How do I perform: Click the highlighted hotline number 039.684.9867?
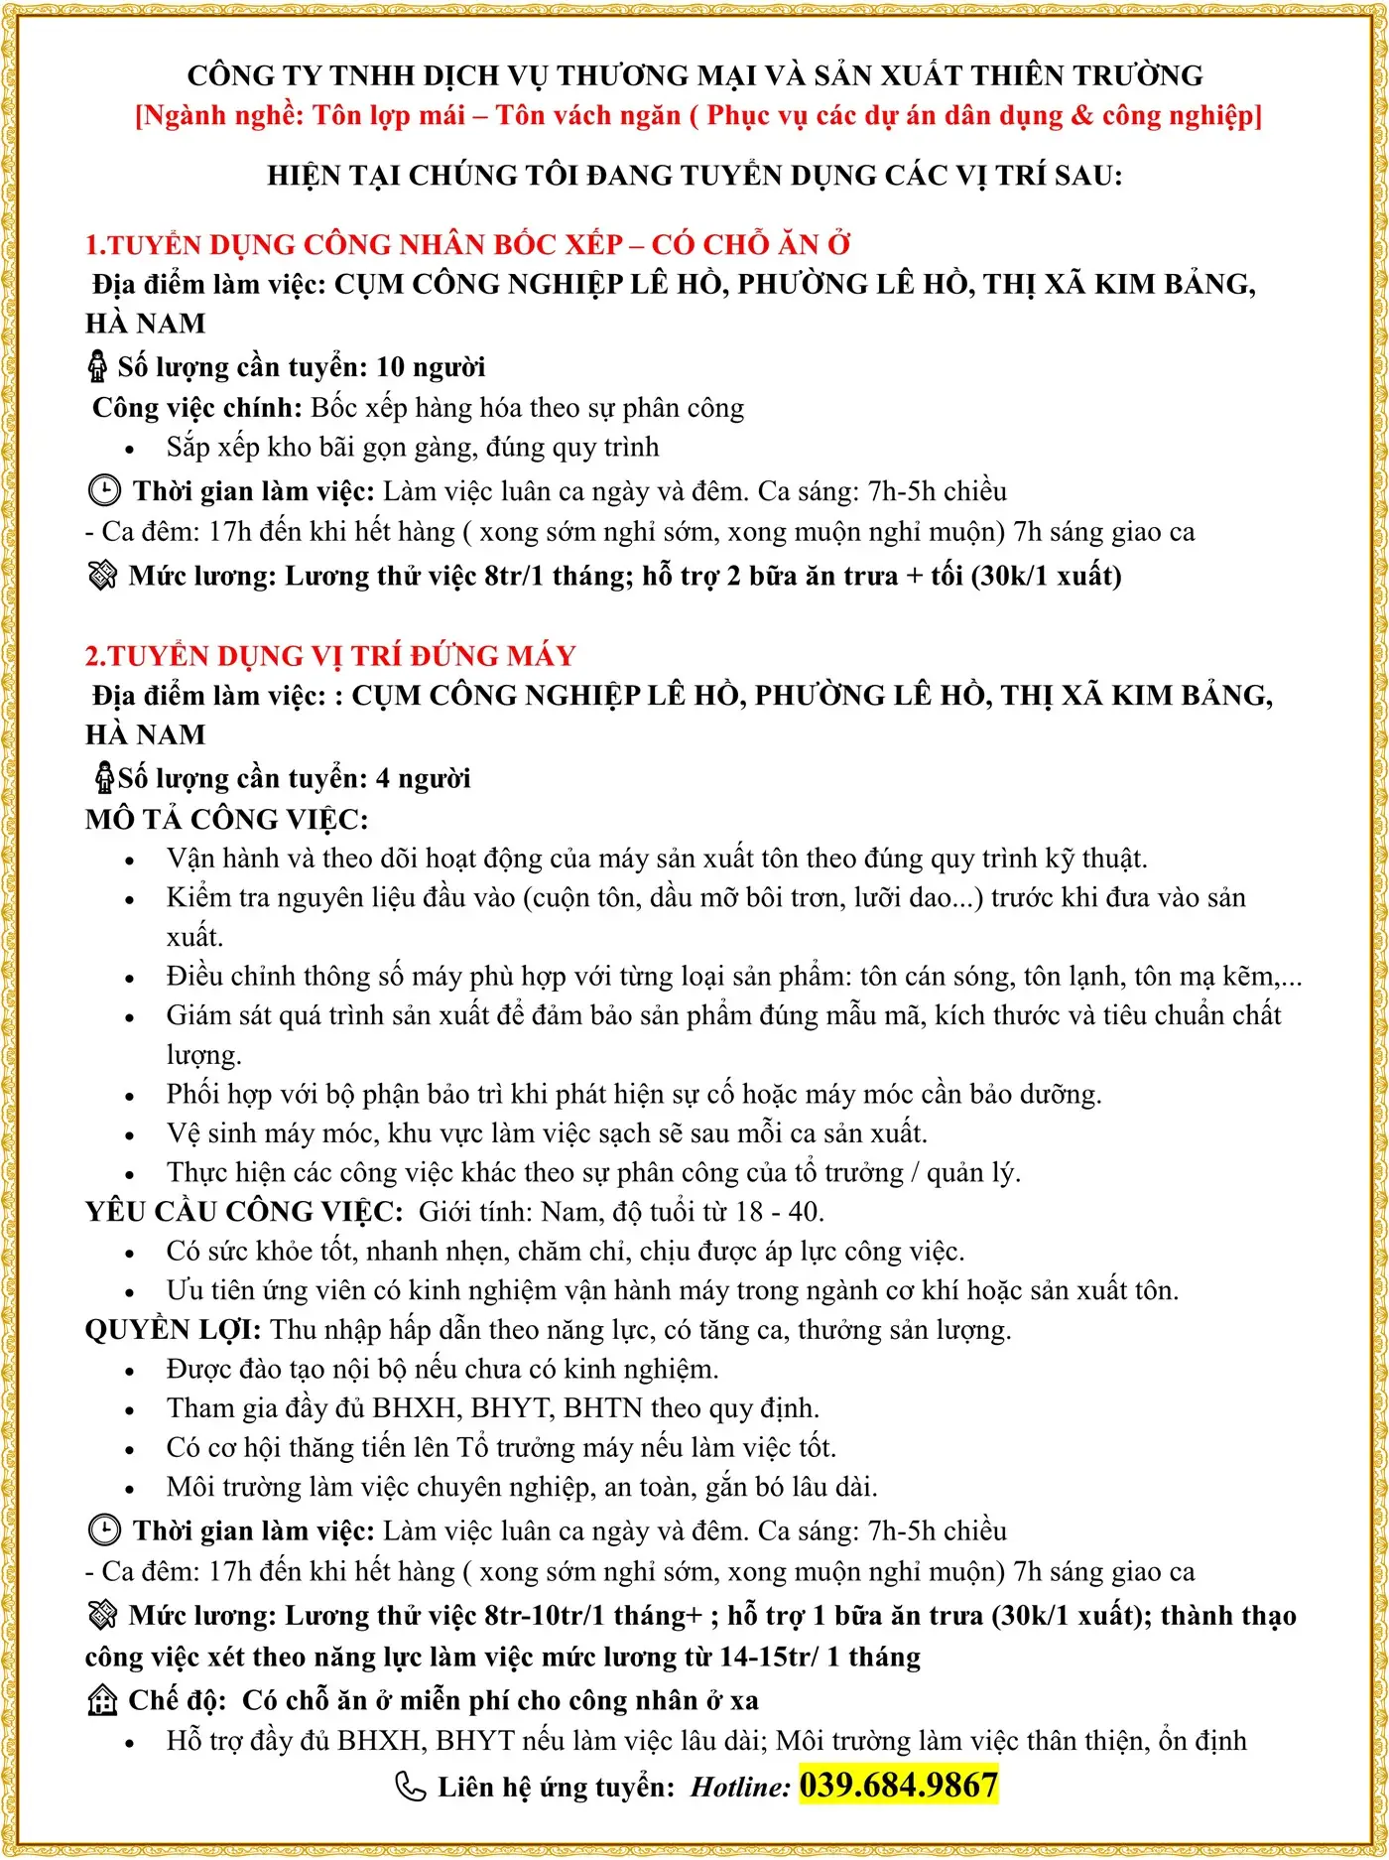click(898, 1786)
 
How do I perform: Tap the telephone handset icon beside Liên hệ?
click(410, 1787)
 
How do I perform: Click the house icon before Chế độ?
click(102, 1700)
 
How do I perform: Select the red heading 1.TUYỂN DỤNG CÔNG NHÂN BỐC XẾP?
click(467, 244)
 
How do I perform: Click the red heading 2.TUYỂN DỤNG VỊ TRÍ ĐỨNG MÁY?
click(330, 655)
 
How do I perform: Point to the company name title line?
click(694, 75)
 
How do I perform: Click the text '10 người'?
click(431, 367)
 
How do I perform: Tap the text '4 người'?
click(424, 778)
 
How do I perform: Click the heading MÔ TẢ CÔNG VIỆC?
click(226, 819)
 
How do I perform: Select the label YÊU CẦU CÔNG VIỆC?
click(244, 1211)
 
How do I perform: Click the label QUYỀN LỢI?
click(173, 1329)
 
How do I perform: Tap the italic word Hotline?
click(740, 1788)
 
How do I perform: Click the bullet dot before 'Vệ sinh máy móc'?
click(129, 1134)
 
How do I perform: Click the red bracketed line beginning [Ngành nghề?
click(698, 116)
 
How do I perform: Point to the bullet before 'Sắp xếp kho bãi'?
click(129, 449)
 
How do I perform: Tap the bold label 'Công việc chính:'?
click(196, 408)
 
